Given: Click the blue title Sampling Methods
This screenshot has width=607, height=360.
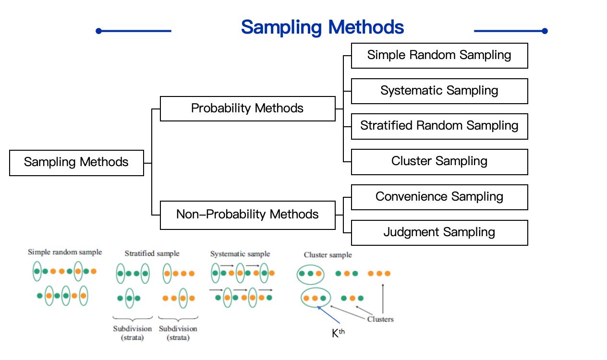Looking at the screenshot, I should pos(322,27).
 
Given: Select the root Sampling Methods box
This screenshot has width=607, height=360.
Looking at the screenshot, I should pos(76,163).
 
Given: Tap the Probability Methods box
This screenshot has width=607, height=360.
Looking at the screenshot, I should pos(247,108).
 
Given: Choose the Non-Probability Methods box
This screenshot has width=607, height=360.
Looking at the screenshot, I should pos(247,214).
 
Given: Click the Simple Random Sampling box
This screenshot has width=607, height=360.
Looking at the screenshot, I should pos(439,55).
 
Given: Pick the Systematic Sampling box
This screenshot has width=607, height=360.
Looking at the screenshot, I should pos(439,91).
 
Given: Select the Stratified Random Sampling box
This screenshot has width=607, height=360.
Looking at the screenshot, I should pos(439,126).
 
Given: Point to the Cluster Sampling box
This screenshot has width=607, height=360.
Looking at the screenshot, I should pos(439,161).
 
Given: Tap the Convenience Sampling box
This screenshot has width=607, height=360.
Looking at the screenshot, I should pos(439,197).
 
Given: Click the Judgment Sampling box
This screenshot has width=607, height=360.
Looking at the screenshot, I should pos(439,232).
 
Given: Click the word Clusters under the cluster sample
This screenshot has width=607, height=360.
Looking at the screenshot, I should pos(380,319).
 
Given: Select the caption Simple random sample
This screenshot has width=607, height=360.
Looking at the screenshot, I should pos(65,252).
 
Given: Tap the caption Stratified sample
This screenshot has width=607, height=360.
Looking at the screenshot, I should pos(152,253).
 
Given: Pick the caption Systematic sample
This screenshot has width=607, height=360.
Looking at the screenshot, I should pos(240,254).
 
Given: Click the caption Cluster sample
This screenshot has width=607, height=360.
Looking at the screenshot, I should pos(328,255).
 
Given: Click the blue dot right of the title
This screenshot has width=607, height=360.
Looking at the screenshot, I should pos(545,31).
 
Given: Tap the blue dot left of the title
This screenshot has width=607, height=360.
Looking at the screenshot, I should pos(98,31).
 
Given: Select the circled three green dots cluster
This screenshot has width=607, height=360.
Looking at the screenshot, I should pos(310,274).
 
